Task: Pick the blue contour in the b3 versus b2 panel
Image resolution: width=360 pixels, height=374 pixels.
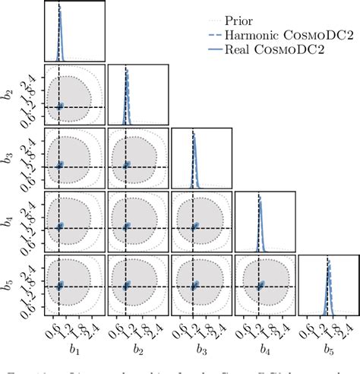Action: (127, 164)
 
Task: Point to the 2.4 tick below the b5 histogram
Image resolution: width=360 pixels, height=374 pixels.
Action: (348, 328)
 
